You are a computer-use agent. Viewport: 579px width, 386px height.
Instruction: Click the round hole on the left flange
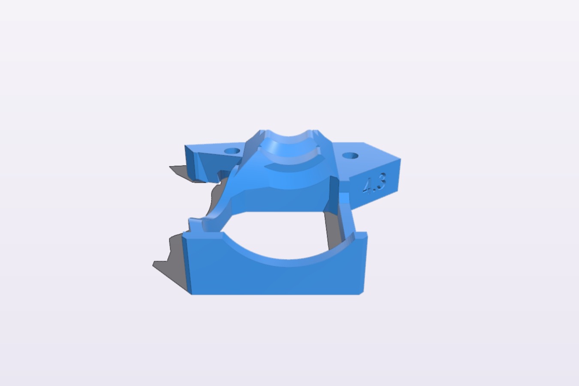(232, 151)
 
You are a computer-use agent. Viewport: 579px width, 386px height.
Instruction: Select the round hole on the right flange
(350, 156)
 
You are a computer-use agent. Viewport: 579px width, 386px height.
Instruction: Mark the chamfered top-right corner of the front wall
(364, 234)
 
